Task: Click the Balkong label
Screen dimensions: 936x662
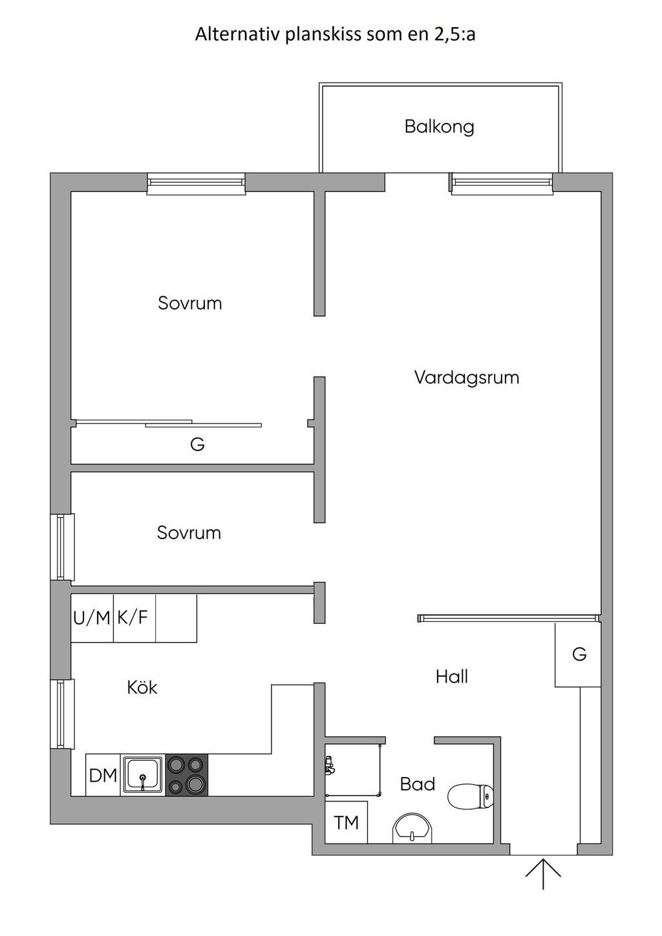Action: pyautogui.click(x=439, y=126)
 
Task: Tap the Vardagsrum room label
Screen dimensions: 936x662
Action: pyautogui.click(x=466, y=378)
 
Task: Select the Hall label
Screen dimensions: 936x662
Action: pyautogui.click(x=451, y=677)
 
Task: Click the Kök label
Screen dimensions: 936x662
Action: pyautogui.click(x=142, y=687)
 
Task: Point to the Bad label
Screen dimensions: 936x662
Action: pyautogui.click(x=417, y=785)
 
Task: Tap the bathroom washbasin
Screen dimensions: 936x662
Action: pyautogui.click(x=411, y=828)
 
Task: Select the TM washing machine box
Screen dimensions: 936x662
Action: pyautogui.click(x=346, y=822)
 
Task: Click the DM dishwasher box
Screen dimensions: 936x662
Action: pyautogui.click(x=103, y=775)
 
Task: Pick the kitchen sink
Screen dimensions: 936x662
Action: pyautogui.click(x=143, y=774)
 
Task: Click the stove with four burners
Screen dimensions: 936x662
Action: pyautogui.click(x=187, y=774)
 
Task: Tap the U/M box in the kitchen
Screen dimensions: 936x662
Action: pyautogui.click(x=92, y=619)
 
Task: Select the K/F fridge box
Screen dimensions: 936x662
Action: pyautogui.click(x=133, y=619)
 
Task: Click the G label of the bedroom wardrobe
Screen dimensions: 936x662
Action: pyautogui.click(x=197, y=445)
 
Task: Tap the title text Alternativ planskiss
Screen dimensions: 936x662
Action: pyautogui.click(x=335, y=34)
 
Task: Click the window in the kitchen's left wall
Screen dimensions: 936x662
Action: pyautogui.click(x=62, y=714)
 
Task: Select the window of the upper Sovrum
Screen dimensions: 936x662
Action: pyautogui.click(x=196, y=184)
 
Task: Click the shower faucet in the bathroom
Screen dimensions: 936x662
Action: pyautogui.click(x=330, y=766)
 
